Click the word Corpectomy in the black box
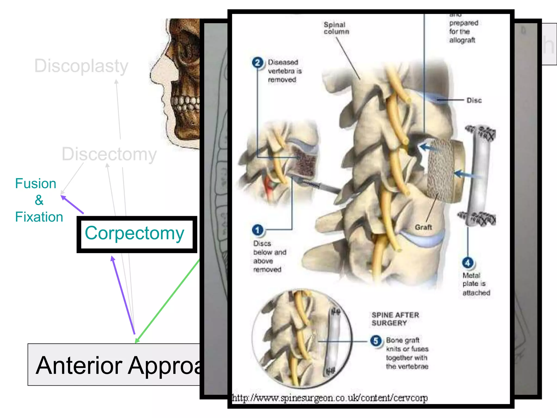134,233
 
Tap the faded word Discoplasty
81,66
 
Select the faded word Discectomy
109,154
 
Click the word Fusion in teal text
36,184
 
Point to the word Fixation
39,217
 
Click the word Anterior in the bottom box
79,365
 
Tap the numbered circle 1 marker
257,230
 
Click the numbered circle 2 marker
257,63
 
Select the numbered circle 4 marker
468,263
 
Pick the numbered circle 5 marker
376,341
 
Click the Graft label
423,227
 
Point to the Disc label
474,100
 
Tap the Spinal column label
336,28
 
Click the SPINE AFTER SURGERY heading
395,319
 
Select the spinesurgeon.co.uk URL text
330,398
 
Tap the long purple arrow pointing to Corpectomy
123,295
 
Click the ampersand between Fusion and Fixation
39,200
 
